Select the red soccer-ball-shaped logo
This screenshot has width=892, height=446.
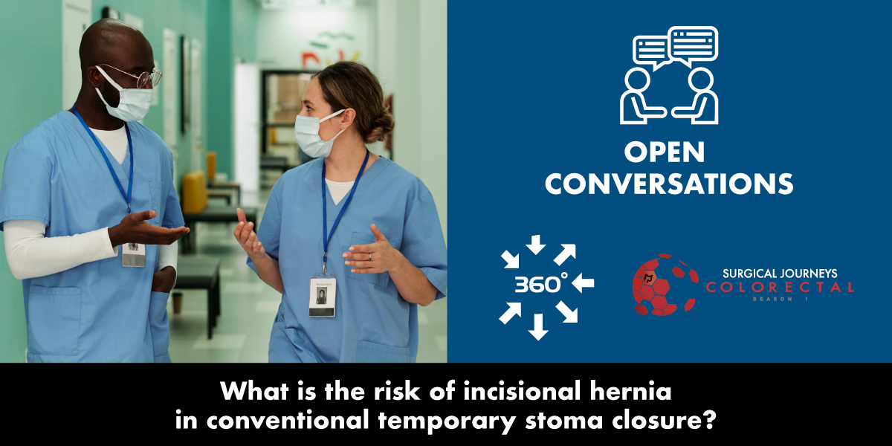tap(664, 285)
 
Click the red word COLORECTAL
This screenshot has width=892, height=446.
tap(779, 287)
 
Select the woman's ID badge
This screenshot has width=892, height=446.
tap(322, 295)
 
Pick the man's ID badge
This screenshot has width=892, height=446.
tap(134, 253)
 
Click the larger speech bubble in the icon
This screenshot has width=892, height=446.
tap(693, 44)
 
